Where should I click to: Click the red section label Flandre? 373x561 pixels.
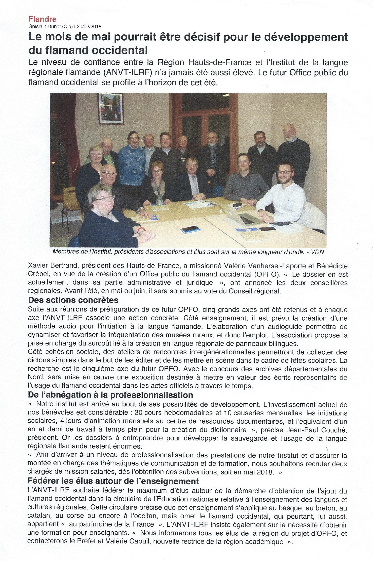click(42, 19)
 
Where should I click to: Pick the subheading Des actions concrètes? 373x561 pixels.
click(73, 300)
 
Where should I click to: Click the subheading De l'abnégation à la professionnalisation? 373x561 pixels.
click(110, 395)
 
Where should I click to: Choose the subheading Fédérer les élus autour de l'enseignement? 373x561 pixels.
click(113, 481)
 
